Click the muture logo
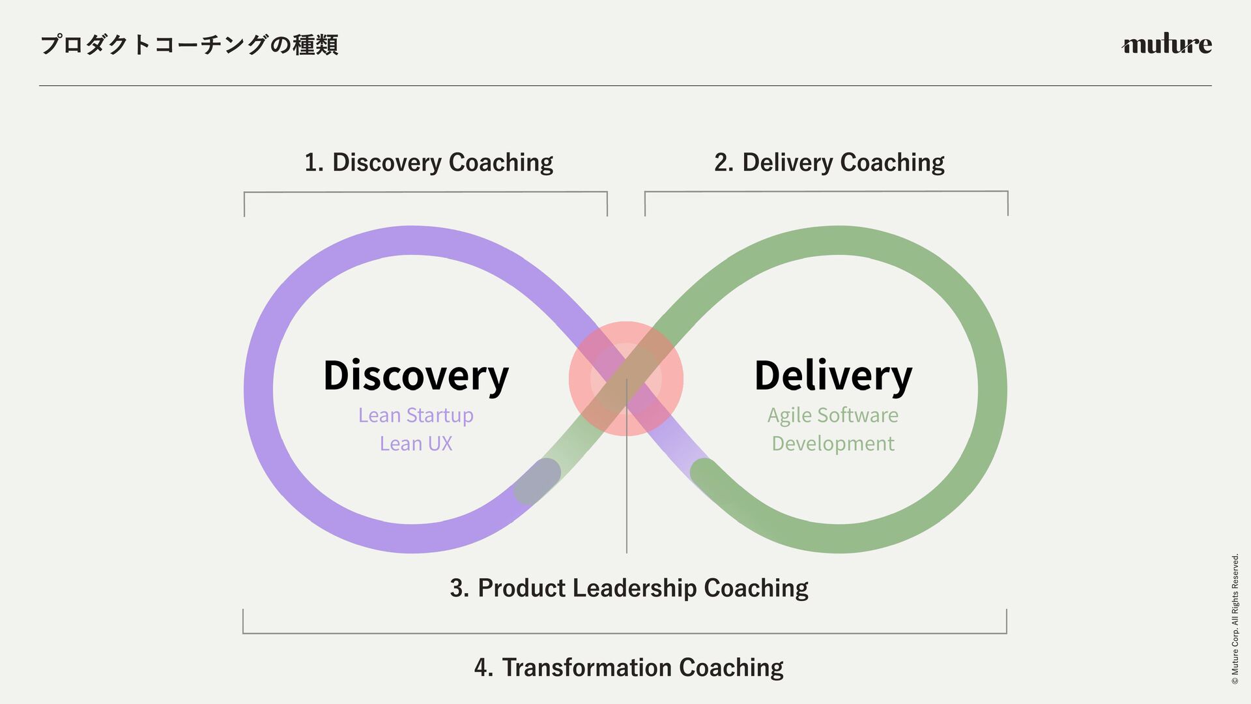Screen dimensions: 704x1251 [1166, 44]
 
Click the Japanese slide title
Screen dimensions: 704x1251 [189, 45]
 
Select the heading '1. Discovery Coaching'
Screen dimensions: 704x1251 [428, 162]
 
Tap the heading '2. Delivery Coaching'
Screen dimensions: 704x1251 [829, 162]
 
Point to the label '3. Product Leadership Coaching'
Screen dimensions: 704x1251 [629, 588]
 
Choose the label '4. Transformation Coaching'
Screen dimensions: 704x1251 [629, 667]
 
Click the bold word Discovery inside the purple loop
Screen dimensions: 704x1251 [416, 376]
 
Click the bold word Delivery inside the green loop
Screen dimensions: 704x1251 [833, 376]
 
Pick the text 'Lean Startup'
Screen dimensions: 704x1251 [416, 415]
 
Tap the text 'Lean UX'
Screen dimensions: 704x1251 [416, 444]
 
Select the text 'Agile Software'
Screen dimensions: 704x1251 [833, 415]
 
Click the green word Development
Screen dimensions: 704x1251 [833, 444]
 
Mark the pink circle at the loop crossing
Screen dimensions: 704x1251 [625, 378]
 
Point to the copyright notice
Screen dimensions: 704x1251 [1235, 619]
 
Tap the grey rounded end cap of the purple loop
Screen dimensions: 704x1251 [538, 480]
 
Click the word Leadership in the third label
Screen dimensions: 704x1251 [634, 588]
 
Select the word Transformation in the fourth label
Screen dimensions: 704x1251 [586, 667]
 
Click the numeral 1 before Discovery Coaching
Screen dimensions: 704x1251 [311, 162]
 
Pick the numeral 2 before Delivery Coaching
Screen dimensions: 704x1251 [721, 162]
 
